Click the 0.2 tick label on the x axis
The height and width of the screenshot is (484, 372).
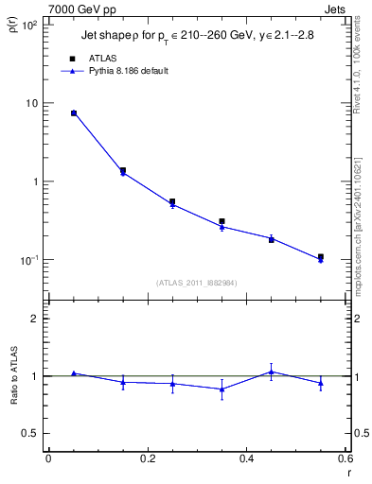click(x=147, y=459)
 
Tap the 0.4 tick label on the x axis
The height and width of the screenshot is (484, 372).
click(x=246, y=459)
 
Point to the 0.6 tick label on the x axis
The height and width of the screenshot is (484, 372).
click(x=345, y=459)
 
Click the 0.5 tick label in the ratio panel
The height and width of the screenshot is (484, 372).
click(x=29, y=433)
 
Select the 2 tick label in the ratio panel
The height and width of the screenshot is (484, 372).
click(x=34, y=319)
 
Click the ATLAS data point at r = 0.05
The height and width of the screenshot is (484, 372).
click(x=73, y=113)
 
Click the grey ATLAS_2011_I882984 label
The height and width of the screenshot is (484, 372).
click(x=196, y=281)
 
